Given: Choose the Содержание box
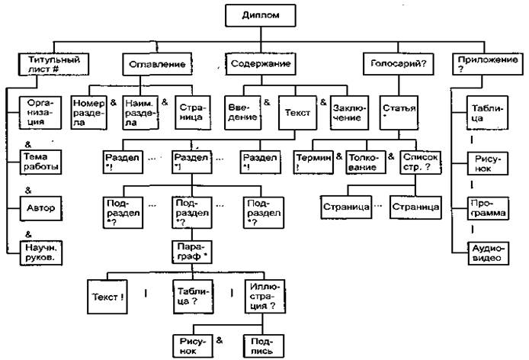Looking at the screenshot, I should click(x=261, y=63).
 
